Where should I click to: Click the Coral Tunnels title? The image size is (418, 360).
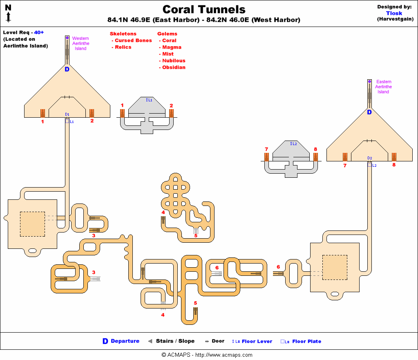click(204, 9)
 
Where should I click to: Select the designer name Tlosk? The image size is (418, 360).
click(394, 13)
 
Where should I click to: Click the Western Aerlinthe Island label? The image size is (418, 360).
click(80, 43)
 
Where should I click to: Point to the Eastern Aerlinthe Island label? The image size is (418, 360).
click(383, 87)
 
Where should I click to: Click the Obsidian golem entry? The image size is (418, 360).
click(172, 67)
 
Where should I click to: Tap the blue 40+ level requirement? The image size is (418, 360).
click(39, 32)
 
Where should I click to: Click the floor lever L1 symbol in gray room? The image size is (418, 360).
click(149, 100)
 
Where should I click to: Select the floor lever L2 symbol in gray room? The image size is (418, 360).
click(293, 143)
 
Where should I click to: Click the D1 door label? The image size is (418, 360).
click(67, 114)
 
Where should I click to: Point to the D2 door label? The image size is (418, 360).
click(369, 158)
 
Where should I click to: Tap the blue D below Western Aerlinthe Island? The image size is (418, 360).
click(67, 69)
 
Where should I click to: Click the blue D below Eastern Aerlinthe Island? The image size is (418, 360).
click(369, 112)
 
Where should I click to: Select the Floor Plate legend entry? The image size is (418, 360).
click(301, 341)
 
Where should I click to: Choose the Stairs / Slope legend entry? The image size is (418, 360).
click(172, 341)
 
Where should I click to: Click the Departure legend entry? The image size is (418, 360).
click(121, 341)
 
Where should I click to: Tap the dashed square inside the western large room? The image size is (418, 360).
click(33, 224)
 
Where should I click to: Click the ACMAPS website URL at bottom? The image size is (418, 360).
click(224, 355)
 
